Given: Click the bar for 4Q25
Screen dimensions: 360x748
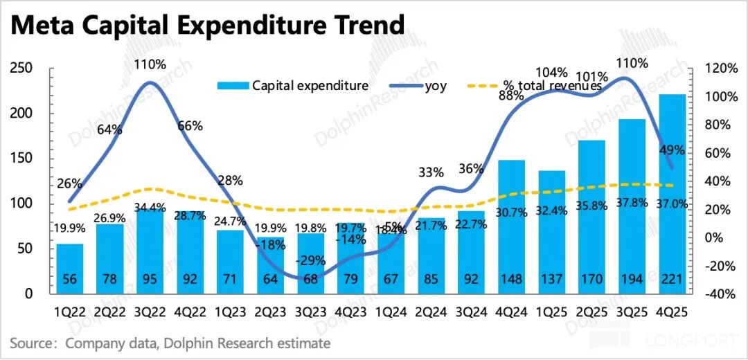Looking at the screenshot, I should click(672, 194).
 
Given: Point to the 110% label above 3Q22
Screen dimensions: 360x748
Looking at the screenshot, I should click(150, 64).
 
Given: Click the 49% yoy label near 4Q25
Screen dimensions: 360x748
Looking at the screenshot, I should click(673, 150).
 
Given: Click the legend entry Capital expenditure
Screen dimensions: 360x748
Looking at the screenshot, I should click(293, 86).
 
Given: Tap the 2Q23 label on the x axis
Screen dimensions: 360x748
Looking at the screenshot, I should click(270, 312).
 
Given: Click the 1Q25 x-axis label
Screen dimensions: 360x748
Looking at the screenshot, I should click(551, 312).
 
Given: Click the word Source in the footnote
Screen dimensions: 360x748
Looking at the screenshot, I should click(35, 343).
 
